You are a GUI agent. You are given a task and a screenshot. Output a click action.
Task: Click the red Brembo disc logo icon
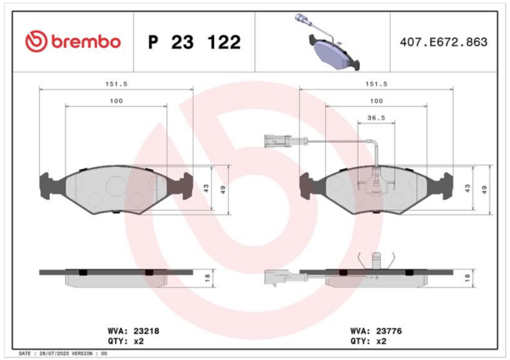pos(36,41)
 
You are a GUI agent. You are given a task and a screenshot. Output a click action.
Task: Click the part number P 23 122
pos(194,42)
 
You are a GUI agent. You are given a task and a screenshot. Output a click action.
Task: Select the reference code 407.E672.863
pos(444,42)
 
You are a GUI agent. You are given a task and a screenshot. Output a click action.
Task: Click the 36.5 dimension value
pos(376,118)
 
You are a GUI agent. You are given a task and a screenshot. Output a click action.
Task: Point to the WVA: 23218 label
pos(133,331)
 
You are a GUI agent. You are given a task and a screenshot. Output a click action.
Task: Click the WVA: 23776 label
pos(376,331)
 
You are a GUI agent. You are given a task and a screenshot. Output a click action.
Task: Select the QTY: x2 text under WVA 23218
pos(126,341)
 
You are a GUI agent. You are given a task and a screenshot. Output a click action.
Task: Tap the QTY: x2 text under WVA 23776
pos(368,341)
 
